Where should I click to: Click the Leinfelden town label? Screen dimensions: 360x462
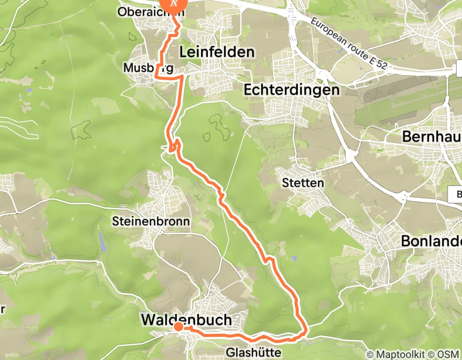coord(217,52)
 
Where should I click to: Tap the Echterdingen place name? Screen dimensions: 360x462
coord(292,89)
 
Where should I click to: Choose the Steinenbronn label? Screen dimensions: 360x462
coord(151,222)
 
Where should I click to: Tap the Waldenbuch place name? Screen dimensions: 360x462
coord(186,319)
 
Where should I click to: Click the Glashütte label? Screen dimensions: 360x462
coord(254,353)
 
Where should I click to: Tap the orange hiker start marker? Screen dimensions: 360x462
coord(173,4)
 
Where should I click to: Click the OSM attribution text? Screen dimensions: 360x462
coord(448,354)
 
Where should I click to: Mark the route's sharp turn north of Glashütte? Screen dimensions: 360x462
coord(306,331)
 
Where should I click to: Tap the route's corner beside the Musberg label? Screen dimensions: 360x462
coord(156,77)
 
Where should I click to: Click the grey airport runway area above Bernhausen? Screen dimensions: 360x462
coord(406,105)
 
